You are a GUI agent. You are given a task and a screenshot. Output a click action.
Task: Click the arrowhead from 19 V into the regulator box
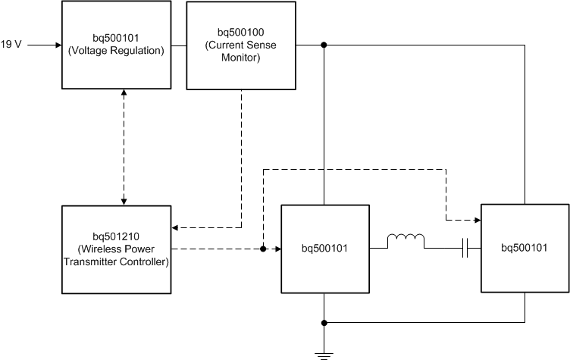[57, 45]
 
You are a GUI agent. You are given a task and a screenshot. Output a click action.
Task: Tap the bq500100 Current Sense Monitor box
[240, 45]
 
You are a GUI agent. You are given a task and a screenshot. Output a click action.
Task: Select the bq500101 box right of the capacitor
[525, 248]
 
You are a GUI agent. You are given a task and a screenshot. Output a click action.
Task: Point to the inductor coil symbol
[406, 241]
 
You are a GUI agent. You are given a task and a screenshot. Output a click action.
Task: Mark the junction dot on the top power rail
[324, 45]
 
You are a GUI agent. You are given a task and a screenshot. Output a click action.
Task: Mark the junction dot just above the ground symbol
[324, 322]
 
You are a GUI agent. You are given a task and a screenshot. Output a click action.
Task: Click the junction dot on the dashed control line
[263, 248]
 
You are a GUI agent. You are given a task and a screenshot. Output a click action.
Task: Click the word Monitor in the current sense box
[240, 57]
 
